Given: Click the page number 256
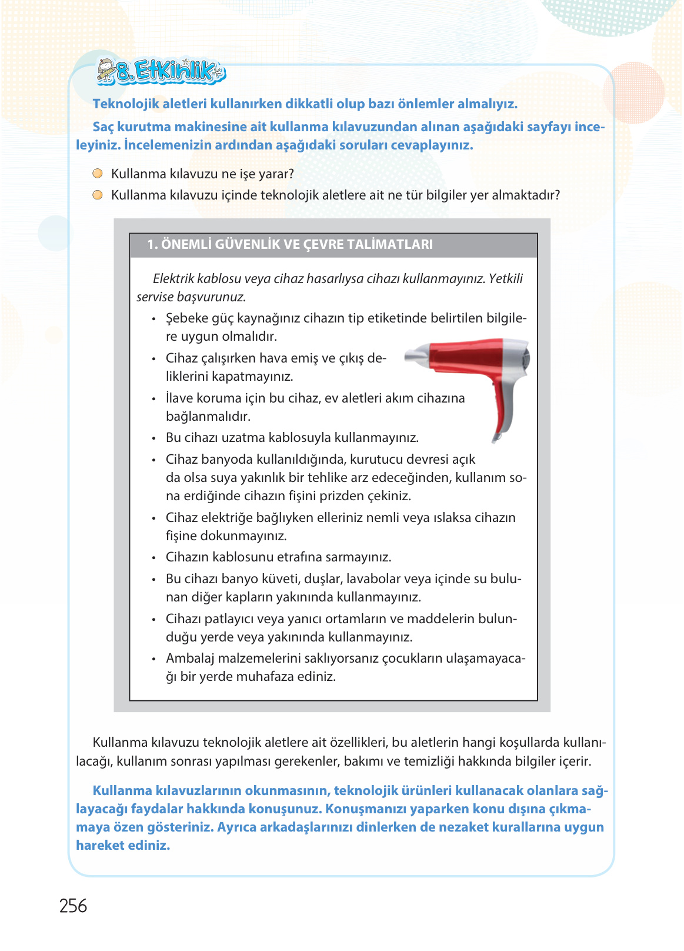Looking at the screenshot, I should [x=73, y=906].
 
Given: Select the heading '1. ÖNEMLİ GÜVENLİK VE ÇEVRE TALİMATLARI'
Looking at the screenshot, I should [x=289, y=245].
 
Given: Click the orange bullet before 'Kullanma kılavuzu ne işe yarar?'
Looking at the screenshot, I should [x=98, y=174].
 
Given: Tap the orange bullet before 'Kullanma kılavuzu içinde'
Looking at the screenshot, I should [x=98, y=195].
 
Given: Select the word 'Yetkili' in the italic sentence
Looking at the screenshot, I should [x=505, y=279].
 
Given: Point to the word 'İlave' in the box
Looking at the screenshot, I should [x=181, y=398].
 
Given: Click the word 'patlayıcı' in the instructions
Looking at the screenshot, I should [x=228, y=619].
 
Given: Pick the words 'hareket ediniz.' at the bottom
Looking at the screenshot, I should [x=123, y=846].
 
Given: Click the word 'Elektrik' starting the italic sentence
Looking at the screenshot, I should [x=173, y=279].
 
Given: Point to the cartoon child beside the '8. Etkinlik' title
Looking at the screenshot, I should [x=106, y=69].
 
